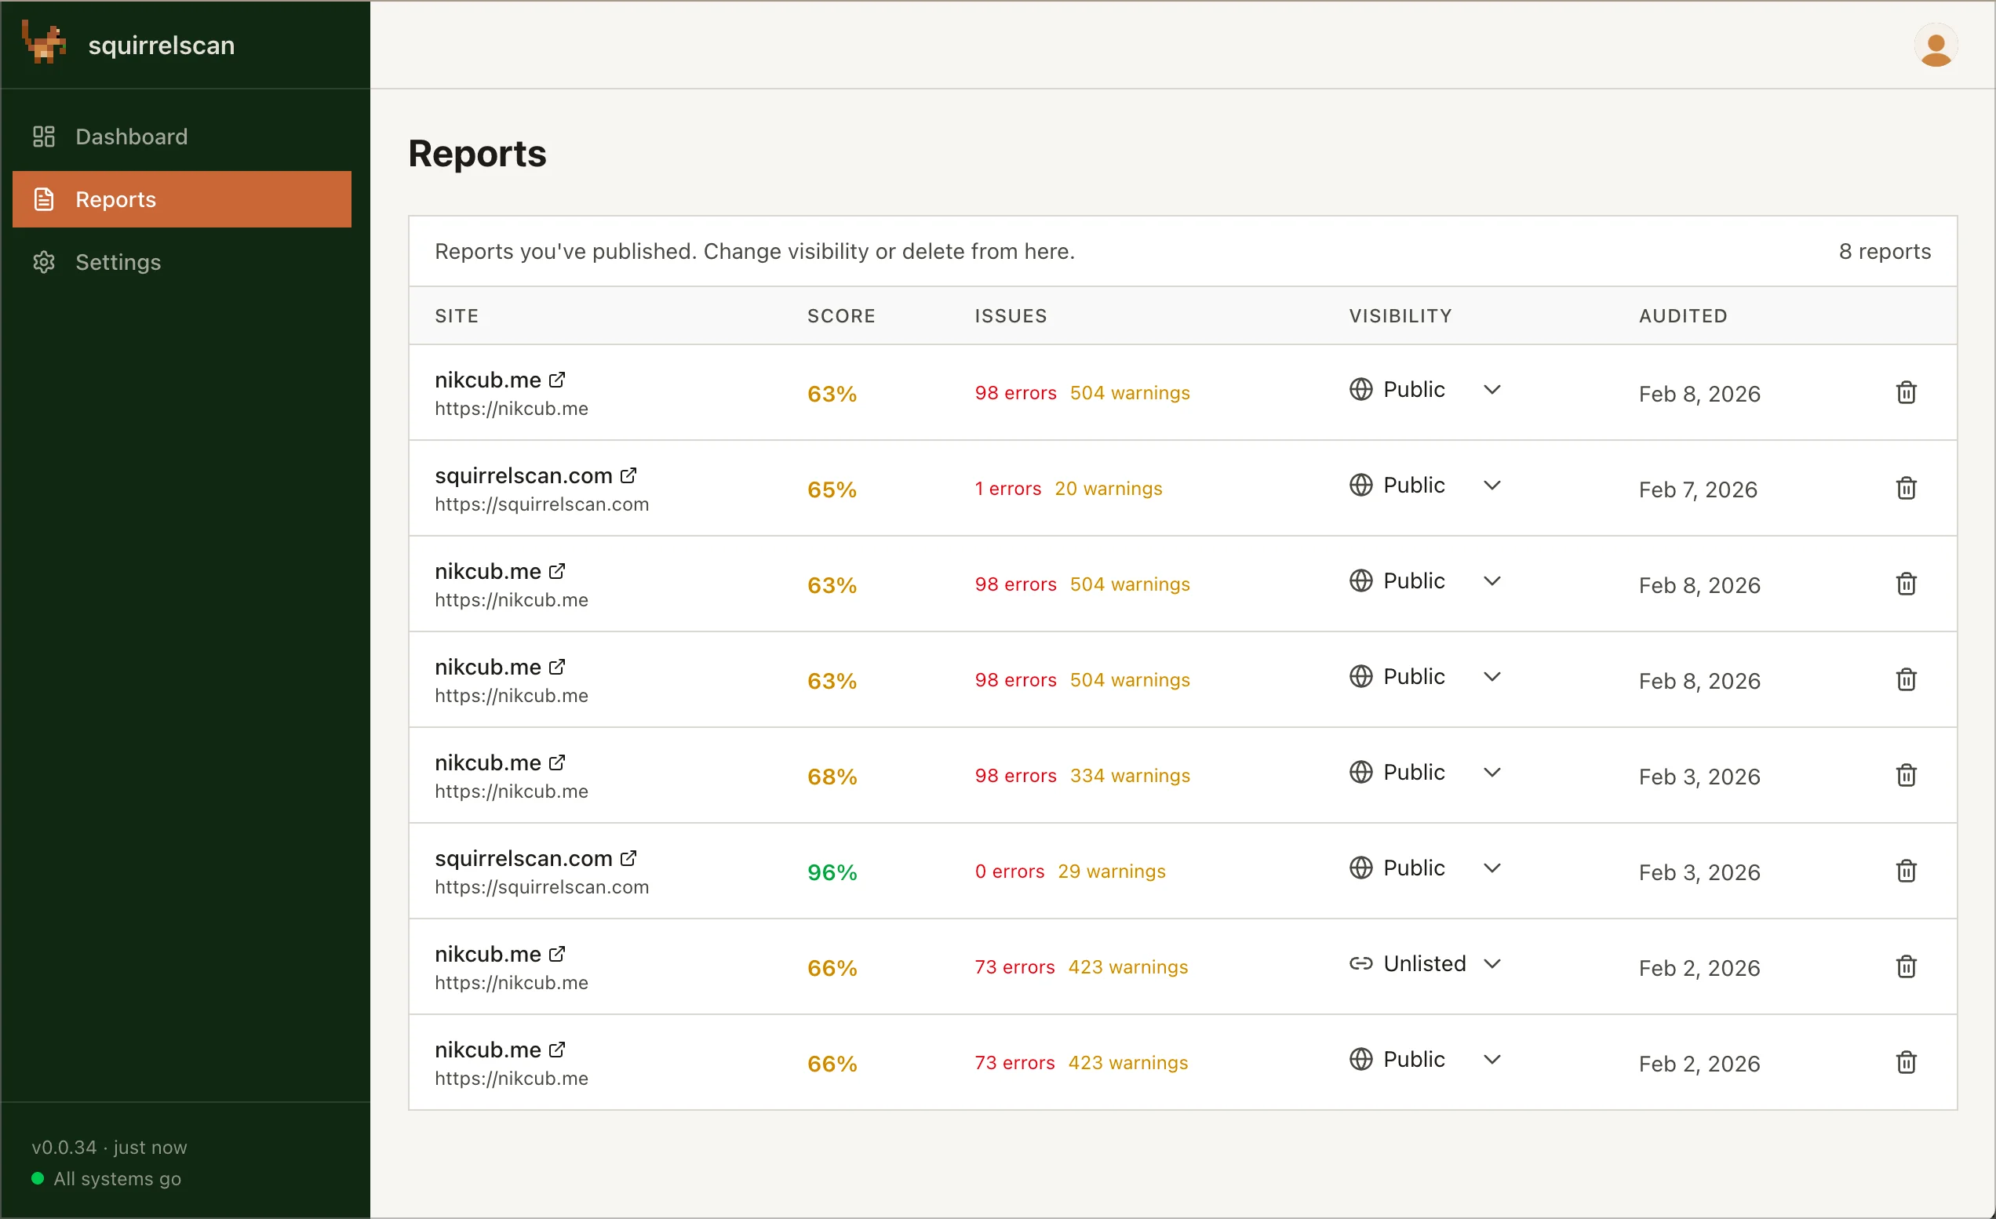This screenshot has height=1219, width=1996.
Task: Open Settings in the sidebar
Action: [118, 262]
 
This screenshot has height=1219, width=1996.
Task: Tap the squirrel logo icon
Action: [45, 42]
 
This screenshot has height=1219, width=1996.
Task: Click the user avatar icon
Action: [1936, 46]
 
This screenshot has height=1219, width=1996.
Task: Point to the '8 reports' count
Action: [1885, 251]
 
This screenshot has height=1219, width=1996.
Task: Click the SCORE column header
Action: [841, 316]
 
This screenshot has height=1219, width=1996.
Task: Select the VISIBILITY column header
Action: [1400, 316]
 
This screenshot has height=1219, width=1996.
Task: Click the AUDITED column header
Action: [1682, 316]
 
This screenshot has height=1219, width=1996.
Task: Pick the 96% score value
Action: [832, 872]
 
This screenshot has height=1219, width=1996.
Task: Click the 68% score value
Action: [832, 777]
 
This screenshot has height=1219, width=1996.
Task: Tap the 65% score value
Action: [832, 489]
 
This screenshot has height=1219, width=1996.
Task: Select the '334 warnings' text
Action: [1129, 776]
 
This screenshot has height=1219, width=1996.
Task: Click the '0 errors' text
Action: [1009, 871]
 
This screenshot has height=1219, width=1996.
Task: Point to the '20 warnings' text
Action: [1107, 489]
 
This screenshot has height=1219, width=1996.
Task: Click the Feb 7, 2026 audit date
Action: [1698, 489]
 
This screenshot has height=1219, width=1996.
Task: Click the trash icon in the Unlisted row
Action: [1905, 966]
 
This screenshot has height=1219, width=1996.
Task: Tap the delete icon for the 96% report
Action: [1905, 871]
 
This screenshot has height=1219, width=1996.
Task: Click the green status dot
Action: [37, 1178]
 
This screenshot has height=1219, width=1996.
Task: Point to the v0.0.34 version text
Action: [64, 1147]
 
